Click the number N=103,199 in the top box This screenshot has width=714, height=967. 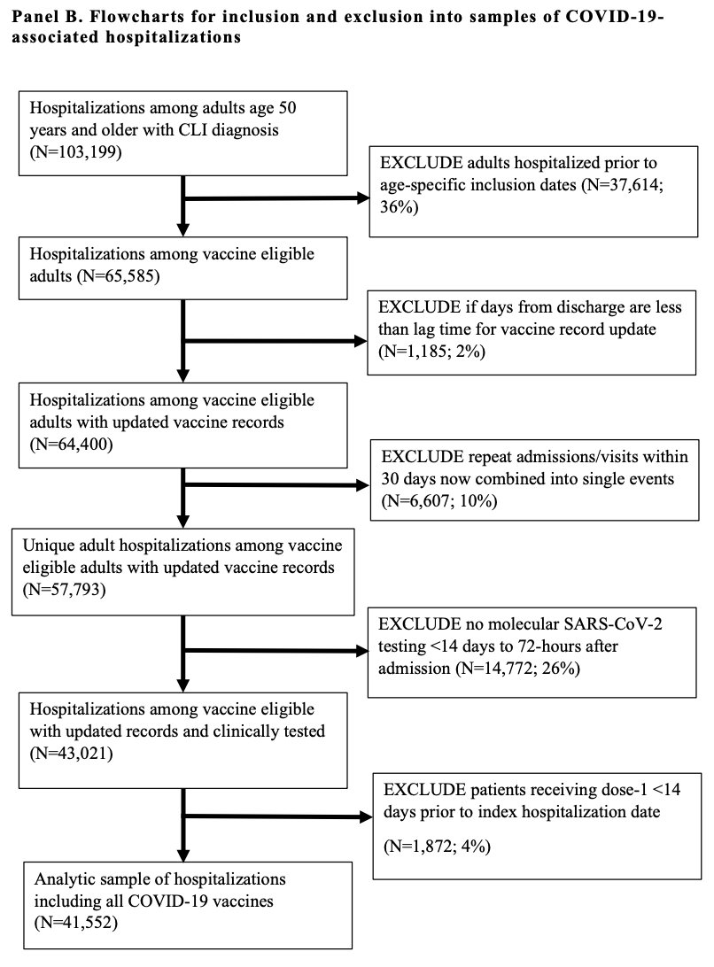point(76,151)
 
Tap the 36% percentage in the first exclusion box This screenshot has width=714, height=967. point(396,206)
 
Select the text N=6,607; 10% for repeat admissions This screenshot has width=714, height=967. point(439,501)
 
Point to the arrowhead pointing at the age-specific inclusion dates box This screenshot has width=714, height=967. point(363,198)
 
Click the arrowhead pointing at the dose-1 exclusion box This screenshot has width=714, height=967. point(366,817)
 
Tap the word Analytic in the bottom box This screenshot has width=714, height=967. point(64,879)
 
